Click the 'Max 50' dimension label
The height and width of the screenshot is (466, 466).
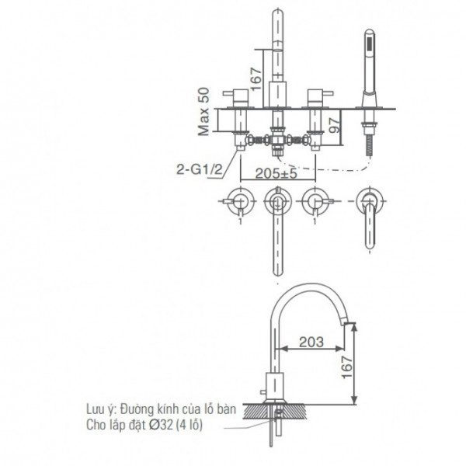pyautogui.click(x=203, y=111)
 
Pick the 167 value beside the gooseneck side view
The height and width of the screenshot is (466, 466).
pyautogui.click(x=346, y=361)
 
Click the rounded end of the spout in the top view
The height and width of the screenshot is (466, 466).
pyautogui.click(x=276, y=272)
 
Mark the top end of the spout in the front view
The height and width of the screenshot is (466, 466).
pyautogui.click(x=277, y=14)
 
